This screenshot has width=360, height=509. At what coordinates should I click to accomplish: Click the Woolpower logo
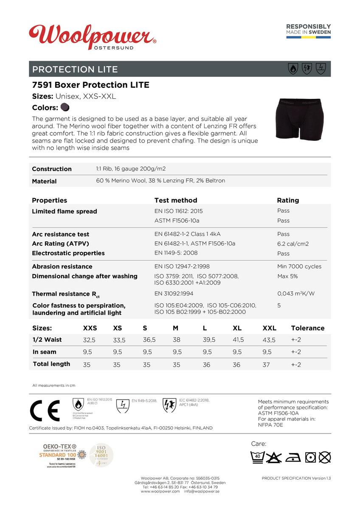coord(93,36)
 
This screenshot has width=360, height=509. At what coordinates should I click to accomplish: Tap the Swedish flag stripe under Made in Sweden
coord(308,37)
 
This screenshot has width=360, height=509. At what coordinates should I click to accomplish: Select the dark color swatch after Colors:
coord(65,107)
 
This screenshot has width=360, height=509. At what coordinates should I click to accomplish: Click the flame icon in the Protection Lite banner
coord(292,69)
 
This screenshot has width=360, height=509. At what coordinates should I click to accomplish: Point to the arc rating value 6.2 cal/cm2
coord(292,244)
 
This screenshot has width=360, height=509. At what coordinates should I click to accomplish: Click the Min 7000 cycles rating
coord(299,266)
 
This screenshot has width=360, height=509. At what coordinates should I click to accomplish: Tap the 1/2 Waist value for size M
coord(177,340)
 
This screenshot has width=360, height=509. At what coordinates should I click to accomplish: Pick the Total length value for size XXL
coord(266,365)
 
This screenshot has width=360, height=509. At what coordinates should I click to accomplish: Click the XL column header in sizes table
coord(237,328)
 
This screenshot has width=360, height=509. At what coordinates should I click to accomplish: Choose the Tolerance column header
coord(307,328)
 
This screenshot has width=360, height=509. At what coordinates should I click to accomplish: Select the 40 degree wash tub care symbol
coord(258,457)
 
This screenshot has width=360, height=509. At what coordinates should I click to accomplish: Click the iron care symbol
coord(293,457)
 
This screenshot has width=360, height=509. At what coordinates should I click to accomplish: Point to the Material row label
coord(44,181)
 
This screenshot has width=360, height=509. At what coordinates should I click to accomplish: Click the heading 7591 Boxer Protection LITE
coord(91,85)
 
